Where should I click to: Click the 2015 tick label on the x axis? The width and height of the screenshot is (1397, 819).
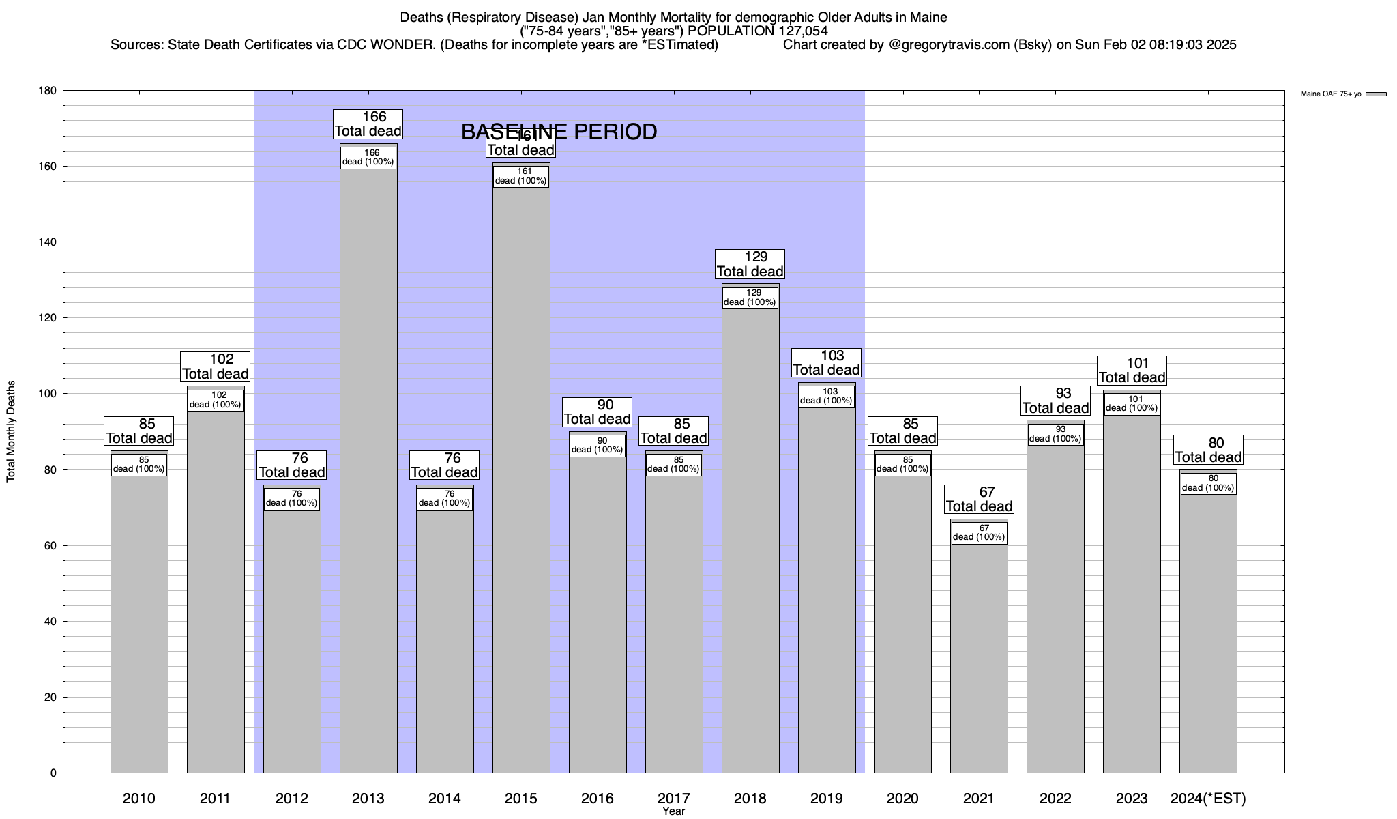coord(520,798)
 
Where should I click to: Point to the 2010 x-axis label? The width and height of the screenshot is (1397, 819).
coord(139,798)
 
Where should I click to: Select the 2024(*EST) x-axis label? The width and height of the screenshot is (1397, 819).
coord(1208,798)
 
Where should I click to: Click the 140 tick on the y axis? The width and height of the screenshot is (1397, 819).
coord(48,242)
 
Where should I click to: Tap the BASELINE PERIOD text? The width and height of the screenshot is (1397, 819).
coord(559,132)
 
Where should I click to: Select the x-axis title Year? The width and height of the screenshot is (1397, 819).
coord(673,811)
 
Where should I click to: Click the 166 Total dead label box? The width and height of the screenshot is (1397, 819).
coord(368,124)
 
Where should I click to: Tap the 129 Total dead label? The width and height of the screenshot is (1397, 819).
coord(750,264)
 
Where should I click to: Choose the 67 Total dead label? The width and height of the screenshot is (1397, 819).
coord(979,500)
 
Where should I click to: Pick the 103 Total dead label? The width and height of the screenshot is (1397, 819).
coord(826,362)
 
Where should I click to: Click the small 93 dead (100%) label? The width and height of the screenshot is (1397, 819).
coord(1055,434)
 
